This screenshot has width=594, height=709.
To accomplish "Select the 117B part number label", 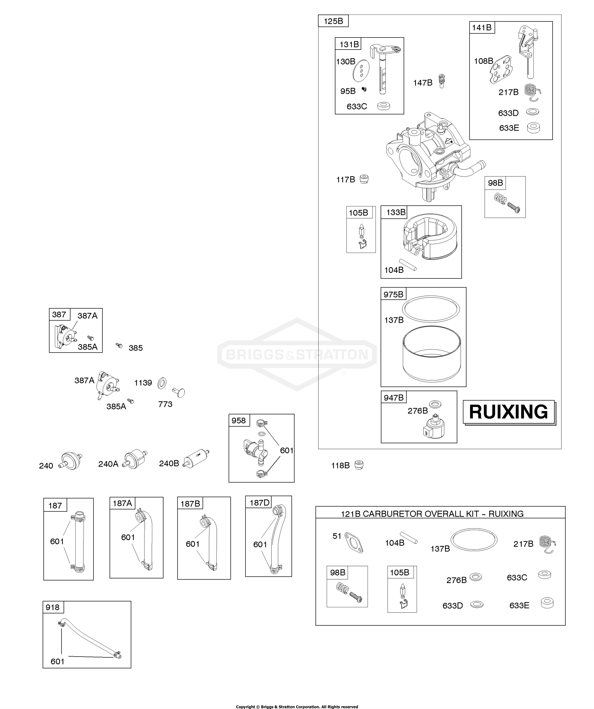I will click(x=345, y=180).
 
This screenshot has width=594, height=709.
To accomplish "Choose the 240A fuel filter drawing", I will click(x=135, y=459).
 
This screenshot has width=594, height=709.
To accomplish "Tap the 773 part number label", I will click(x=165, y=404).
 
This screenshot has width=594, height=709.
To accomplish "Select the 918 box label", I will click(x=53, y=607).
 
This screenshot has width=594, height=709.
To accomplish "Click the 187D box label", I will click(x=259, y=503).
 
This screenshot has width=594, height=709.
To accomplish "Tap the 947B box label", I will click(x=393, y=398).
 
